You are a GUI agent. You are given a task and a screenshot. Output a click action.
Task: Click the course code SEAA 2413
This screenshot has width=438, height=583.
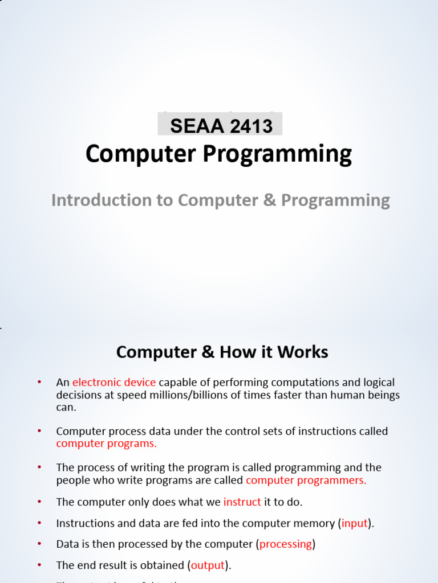(221, 126)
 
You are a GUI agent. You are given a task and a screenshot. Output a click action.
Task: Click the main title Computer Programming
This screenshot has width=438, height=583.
(219, 154)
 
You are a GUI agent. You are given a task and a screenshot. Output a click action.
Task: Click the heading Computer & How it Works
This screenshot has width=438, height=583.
(222, 352)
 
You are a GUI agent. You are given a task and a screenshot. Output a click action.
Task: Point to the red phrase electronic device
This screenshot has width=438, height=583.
(114, 382)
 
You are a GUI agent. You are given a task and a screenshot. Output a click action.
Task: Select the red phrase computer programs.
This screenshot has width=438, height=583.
(106, 444)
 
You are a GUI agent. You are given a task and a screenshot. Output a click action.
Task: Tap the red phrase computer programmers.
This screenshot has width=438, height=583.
(306, 480)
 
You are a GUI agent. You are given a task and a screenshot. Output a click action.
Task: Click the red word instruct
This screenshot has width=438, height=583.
(242, 502)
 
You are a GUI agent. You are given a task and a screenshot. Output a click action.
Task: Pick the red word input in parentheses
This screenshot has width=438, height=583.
(355, 523)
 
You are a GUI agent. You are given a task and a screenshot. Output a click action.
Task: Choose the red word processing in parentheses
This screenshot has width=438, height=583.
(286, 544)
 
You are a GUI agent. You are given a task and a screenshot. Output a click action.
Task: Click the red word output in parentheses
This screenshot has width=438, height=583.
(208, 565)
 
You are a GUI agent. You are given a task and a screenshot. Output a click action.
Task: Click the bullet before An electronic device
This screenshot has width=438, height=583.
(39, 381)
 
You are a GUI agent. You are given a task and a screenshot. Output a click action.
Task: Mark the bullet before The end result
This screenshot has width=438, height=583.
(39, 565)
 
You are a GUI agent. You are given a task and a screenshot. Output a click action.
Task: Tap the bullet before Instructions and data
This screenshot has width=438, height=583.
(39, 523)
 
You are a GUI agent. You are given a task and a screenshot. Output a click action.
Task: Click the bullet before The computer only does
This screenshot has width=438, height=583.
(39, 501)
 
